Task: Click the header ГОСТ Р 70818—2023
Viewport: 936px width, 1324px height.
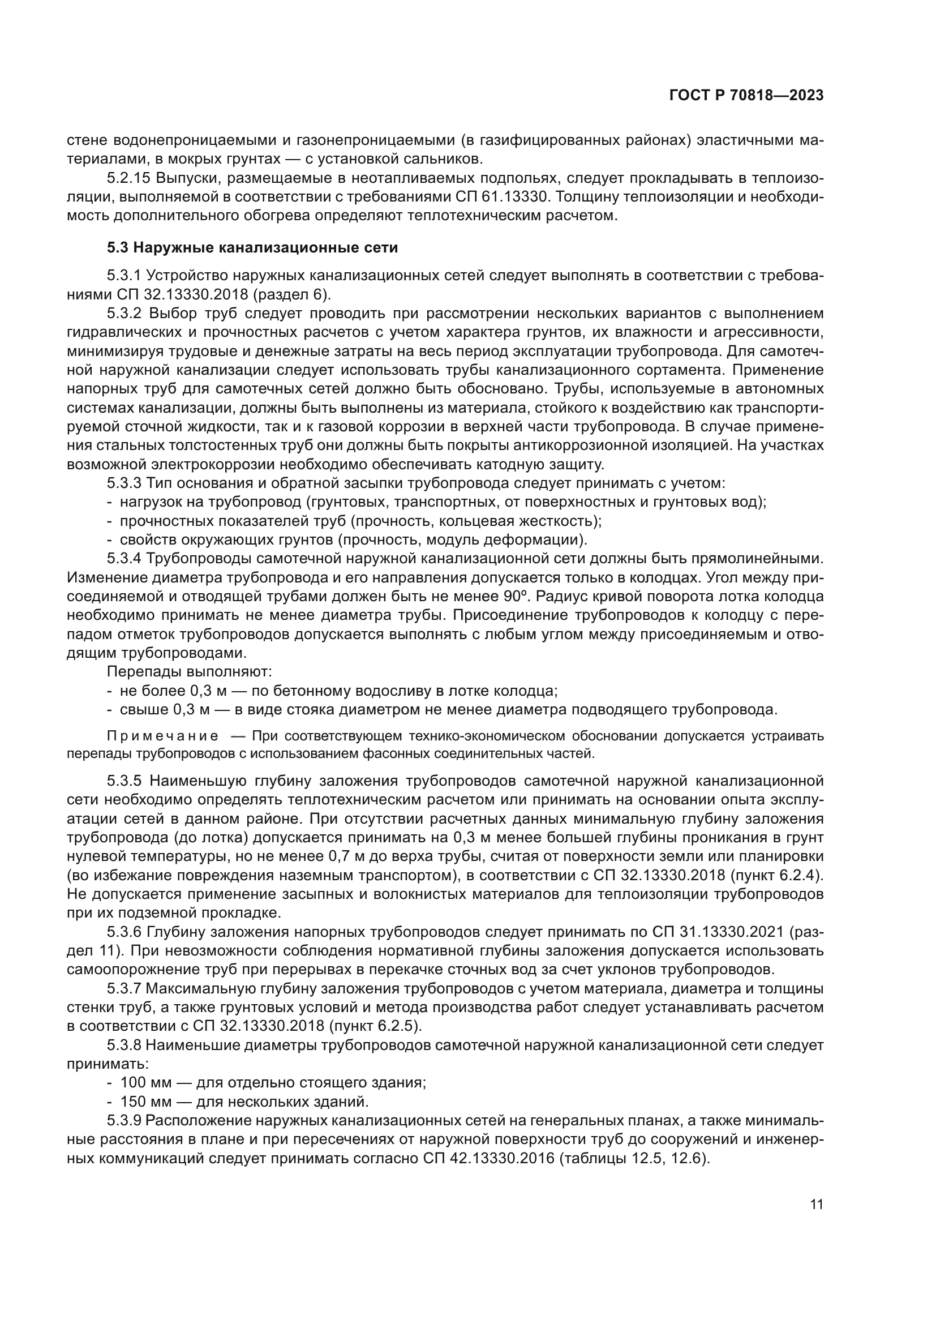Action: click(x=746, y=96)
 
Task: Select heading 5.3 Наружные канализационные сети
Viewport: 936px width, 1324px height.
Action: click(x=252, y=248)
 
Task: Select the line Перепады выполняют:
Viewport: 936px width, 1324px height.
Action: click(x=189, y=671)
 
